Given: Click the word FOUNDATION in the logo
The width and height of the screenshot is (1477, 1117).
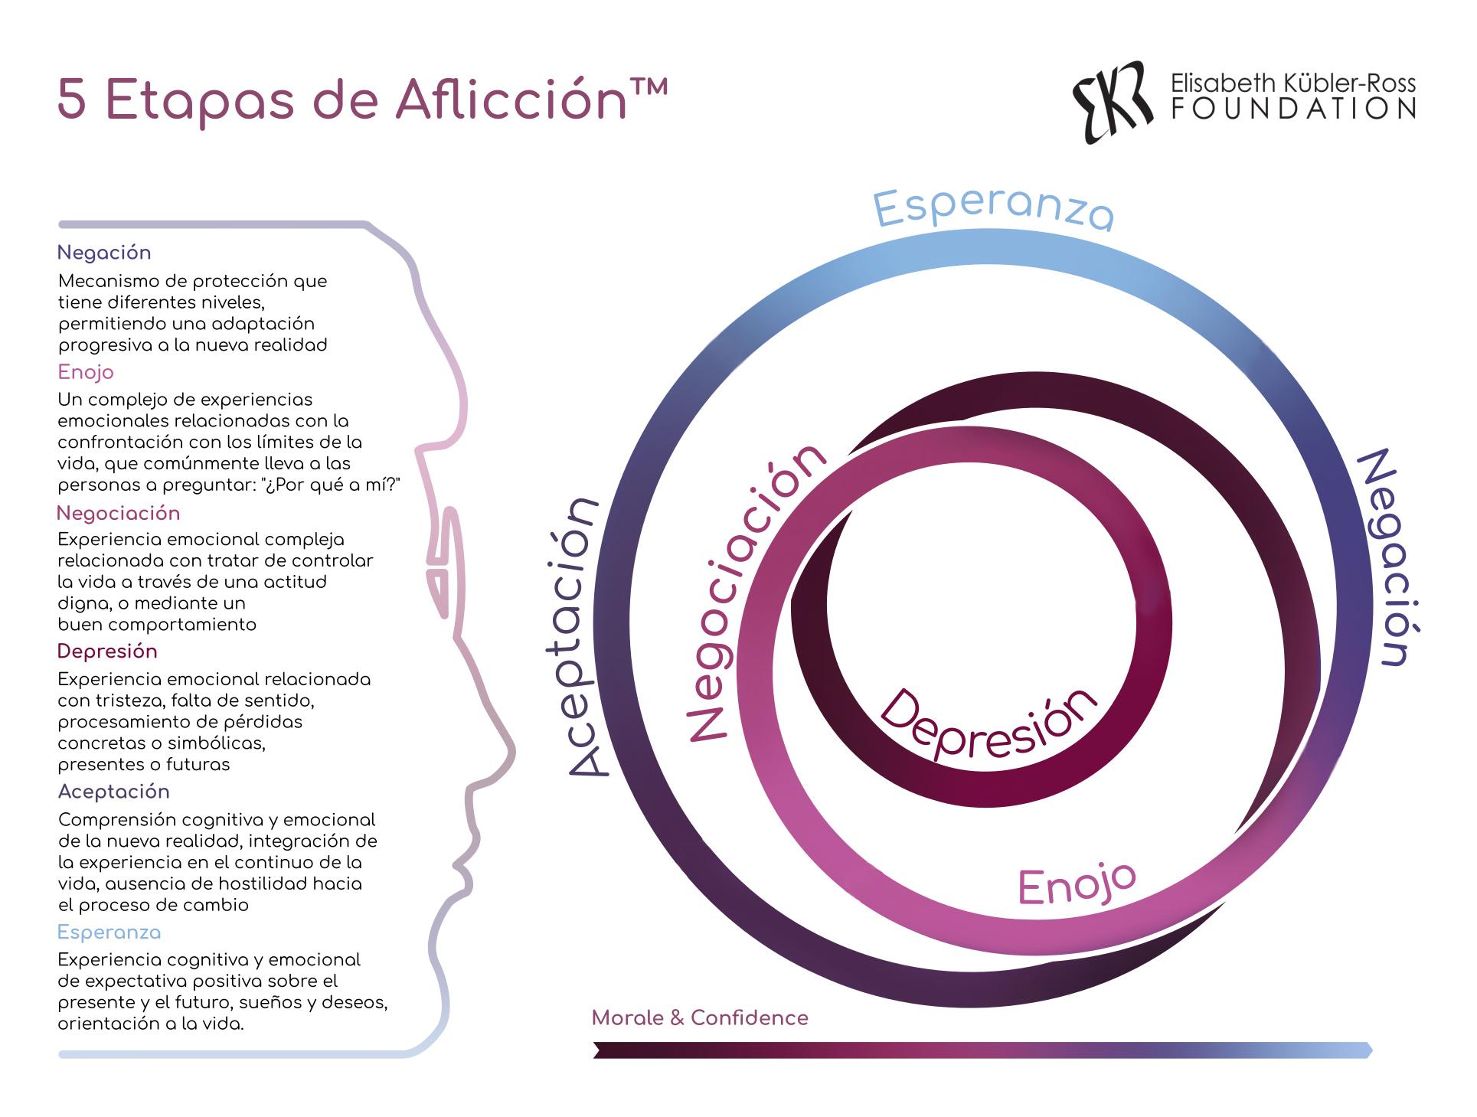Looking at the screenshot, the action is point(1293,109).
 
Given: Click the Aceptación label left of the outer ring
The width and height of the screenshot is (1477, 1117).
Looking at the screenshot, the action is point(583,637).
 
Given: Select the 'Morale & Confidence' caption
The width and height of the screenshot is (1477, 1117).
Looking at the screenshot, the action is point(700,1017).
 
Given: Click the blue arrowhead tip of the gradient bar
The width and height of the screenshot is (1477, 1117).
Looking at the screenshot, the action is point(1371,1050).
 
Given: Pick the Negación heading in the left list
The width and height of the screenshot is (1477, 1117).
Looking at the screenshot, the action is point(104,253).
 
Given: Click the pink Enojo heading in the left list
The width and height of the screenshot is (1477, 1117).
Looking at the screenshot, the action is point(86,373).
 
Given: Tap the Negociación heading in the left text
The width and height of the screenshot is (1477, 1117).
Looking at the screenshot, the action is point(119,513).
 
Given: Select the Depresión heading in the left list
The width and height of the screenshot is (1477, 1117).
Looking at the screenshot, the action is point(107,652).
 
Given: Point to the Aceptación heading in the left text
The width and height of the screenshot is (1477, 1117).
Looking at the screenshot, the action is point(113,792).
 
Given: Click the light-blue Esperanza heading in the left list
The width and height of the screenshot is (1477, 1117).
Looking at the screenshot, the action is point(109,932).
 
